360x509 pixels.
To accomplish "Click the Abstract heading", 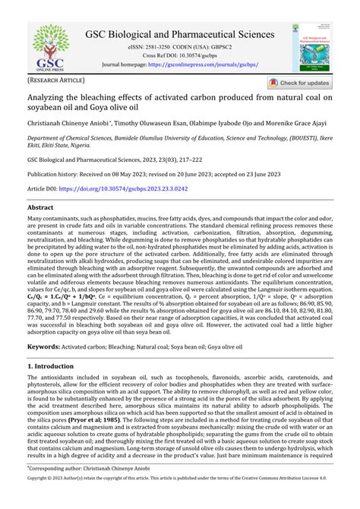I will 40,207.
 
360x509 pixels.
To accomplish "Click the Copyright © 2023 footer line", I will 179,502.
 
